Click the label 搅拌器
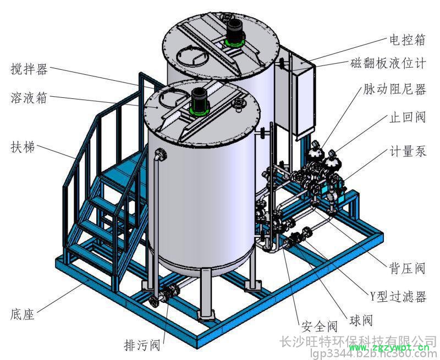pos(29,69)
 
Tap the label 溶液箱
pos(29,98)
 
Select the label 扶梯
pos(23,147)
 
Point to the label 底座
pos(23,314)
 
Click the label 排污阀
pos(141,345)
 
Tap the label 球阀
pos(361,320)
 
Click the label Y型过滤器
pos(398,297)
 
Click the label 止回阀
pos(408,117)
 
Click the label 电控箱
pos(408,39)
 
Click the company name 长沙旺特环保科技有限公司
pos(358,341)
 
